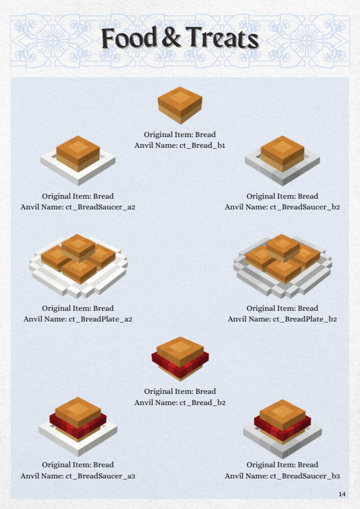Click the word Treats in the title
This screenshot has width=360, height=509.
222,38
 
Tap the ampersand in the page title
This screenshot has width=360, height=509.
171,38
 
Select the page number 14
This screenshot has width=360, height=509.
342,494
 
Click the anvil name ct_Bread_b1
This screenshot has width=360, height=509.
202,145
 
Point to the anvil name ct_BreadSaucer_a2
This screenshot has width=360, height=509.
100,207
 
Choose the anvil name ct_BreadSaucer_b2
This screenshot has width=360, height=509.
305,207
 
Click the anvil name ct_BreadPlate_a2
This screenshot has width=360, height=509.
100,319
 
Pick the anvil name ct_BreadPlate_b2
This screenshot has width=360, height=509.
305,319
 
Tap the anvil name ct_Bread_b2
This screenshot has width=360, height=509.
202,403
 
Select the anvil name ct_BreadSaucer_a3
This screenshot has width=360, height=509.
100,476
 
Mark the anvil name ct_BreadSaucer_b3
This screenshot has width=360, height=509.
305,476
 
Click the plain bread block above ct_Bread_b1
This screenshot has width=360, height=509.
179,105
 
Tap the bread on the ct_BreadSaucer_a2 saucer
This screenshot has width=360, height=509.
78,153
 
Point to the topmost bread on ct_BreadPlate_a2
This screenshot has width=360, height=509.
79,247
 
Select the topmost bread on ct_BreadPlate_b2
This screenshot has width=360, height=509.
283,247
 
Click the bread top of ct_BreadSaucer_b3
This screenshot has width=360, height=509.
282,414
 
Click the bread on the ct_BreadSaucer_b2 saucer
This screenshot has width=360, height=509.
282,153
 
